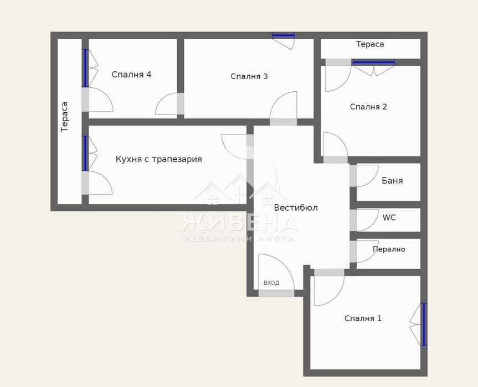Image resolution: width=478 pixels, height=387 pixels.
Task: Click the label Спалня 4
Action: (131, 75)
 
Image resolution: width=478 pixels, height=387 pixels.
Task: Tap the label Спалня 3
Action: (249, 76)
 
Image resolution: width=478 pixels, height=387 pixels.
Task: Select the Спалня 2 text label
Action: (368, 107)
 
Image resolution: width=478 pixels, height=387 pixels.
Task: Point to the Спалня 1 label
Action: (363, 318)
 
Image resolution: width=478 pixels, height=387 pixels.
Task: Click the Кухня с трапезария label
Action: (158, 159)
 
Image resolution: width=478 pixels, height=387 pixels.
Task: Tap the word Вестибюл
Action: (296, 208)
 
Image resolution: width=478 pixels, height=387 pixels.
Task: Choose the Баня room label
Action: (392, 181)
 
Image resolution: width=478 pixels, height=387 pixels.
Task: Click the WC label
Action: (389, 218)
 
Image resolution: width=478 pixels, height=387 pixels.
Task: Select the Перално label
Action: (389, 249)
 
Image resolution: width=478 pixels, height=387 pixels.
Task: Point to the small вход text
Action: (271, 283)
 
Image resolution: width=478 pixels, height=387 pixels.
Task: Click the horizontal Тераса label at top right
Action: (370, 44)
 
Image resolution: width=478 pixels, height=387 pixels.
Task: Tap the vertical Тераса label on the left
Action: (64, 116)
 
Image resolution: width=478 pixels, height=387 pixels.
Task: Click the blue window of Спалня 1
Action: (424, 324)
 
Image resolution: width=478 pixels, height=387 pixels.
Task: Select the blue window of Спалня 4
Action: (85, 68)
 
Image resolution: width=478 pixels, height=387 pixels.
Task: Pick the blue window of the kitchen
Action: (85, 153)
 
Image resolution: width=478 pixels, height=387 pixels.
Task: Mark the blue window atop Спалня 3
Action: (283, 35)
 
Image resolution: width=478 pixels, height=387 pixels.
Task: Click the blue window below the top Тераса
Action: (373, 62)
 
